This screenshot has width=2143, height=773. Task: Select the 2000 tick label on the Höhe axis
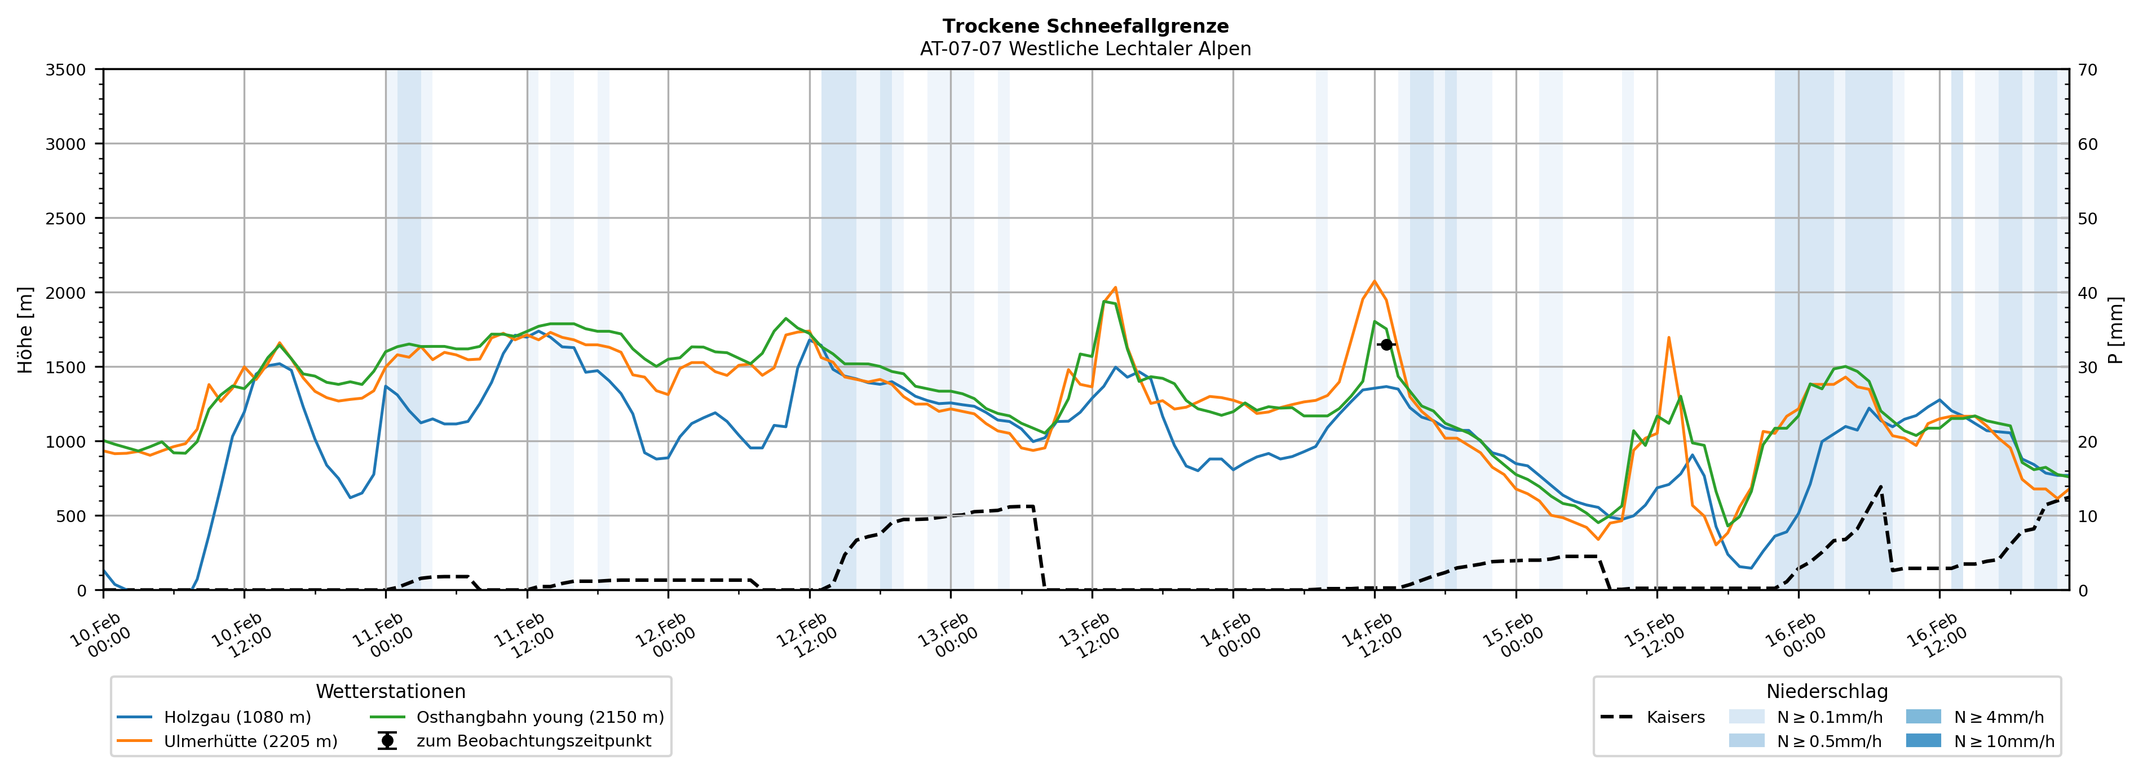tap(66, 293)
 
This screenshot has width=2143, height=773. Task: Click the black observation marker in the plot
tap(1386, 344)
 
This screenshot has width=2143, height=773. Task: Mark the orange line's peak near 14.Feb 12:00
tap(1375, 281)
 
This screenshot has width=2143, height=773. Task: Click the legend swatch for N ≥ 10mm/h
tap(1923, 740)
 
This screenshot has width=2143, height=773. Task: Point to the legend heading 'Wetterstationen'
tap(390, 691)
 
